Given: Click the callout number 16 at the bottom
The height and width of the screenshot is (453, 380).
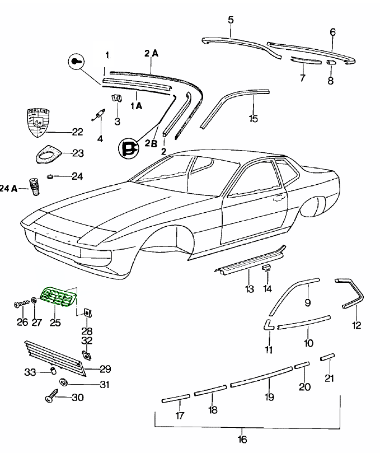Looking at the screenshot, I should point(242,439).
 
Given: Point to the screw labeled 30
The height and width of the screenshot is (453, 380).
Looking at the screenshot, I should point(50,398).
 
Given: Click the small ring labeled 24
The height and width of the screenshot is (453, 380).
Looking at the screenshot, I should point(50,177).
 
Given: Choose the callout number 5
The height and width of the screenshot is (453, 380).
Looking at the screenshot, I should point(231,21).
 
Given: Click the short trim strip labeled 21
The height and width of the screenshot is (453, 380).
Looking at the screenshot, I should point(327,357).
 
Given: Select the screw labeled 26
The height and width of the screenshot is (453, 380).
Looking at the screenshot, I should point(20,304).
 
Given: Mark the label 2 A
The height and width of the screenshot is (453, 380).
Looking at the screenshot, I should point(151,53).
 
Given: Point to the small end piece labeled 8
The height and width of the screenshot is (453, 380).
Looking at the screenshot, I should point(330,62).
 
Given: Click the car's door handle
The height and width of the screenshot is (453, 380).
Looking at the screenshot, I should point(276,197).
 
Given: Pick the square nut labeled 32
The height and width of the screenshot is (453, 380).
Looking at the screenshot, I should point(87,354).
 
